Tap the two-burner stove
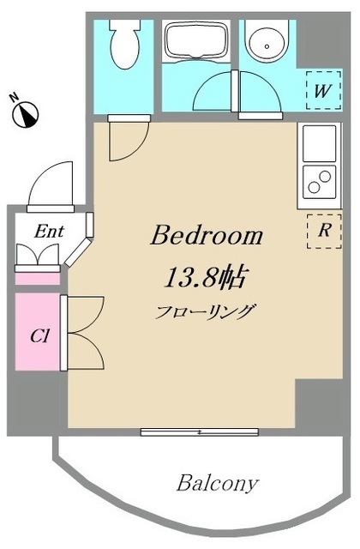coord(319,182)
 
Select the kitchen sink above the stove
coord(319,141)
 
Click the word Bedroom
coord(207,236)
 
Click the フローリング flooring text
coord(206,311)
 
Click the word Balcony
coord(217,483)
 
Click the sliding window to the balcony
coord(200,432)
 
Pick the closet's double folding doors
coord(82,331)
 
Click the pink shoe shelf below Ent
coord(38,277)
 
